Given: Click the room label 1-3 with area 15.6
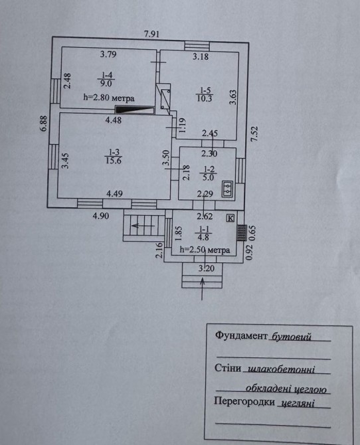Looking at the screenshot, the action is tap(114, 156).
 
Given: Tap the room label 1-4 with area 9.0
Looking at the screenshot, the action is tap(106, 79).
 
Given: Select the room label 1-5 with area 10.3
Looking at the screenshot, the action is tap(205, 94).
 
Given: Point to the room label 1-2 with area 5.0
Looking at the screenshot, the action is tap(209, 173).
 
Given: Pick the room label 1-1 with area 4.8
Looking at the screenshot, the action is tap(203, 232).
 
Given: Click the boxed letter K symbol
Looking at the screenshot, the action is tap(230, 218).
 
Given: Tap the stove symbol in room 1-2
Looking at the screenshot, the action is tap(228, 189).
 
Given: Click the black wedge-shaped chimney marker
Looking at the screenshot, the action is tap(134, 110).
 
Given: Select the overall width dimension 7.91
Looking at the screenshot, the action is tap(151, 34).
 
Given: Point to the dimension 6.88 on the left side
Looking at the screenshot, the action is tap(44, 123).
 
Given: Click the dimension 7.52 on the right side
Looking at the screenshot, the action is tap(254, 133).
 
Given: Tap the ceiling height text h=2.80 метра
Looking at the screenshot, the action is tap(109, 98).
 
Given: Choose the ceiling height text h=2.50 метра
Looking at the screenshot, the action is tap(205, 250).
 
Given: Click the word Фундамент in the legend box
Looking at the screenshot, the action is tap(241, 335).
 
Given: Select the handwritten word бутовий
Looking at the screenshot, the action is tap(292, 337).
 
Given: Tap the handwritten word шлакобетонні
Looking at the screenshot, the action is tap(282, 369).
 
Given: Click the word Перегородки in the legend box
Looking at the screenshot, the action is tap(244, 402).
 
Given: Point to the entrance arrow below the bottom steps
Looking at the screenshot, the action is tap(202, 289).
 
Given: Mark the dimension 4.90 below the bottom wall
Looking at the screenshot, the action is tap(101, 216).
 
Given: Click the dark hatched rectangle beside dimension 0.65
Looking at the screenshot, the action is tap(242, 232).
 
